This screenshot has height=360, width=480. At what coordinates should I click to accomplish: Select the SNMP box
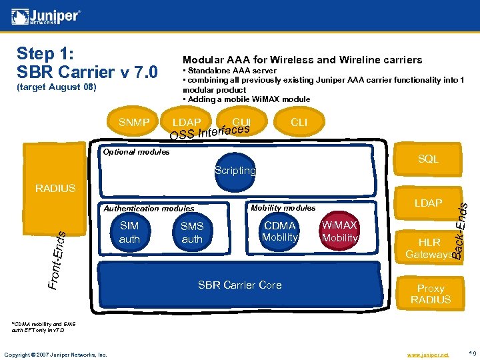(135, 123)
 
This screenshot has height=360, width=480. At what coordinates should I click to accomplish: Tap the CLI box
(299, 123)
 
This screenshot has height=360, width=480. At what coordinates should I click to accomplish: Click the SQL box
(428, 159)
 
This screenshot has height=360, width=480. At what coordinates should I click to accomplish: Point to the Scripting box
(235, 171)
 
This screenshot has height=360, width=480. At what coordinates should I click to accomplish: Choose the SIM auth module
(129, 232)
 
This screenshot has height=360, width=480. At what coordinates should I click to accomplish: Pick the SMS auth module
(192, 233)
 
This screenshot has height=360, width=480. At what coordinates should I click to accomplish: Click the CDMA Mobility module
(279, 231)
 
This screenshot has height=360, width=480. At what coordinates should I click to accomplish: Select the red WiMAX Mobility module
(339, 231)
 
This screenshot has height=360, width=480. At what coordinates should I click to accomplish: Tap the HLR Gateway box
(428, 248)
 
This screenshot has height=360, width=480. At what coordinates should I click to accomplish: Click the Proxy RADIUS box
(430, 293)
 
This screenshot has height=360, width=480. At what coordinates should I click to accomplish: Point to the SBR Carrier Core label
(240, 285)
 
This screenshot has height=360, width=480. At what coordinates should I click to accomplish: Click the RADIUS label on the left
(55, 189)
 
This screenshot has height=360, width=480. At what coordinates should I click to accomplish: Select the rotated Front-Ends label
(58, 259)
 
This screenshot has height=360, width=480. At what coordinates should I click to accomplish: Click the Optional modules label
(136, 152)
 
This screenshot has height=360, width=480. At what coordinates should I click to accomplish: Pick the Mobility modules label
(283, 207)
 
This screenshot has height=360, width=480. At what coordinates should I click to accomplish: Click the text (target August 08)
(57, 87)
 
